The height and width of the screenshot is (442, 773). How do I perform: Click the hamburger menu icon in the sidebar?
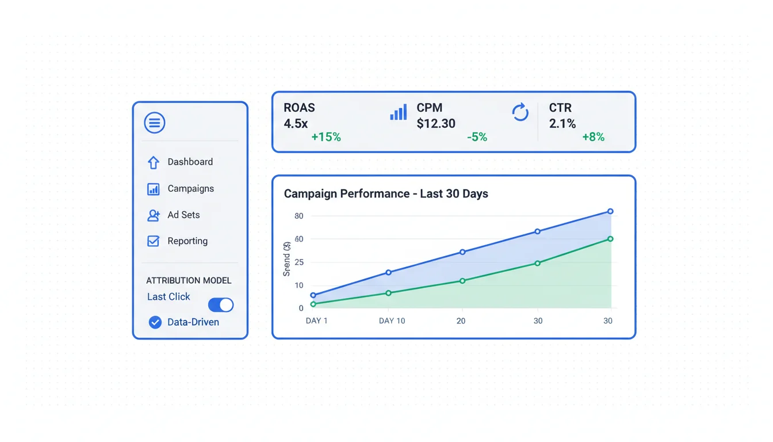point(154,123)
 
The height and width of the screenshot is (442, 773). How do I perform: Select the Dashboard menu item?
point(190,162)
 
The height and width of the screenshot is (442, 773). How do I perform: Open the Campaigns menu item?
point(190,188)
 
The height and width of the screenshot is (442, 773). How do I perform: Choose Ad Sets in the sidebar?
point(183,215)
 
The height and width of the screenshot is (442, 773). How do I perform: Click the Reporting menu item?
point(187,241)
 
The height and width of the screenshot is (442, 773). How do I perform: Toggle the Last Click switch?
point(221,304)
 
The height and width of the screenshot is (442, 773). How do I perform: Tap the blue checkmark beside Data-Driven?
point(155,322)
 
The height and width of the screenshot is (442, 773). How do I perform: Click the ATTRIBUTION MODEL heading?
point(189,280)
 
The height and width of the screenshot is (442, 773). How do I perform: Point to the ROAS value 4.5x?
point(296,123)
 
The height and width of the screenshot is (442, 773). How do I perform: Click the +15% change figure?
point(326,137)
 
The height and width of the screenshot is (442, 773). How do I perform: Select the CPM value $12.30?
point(436,123)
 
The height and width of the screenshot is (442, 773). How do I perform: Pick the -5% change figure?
point(477,137)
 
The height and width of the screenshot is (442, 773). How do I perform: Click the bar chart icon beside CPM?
point(398,112)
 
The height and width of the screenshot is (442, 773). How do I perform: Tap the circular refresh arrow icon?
point(520,112)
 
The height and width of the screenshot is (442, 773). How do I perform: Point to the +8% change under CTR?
point(593,137)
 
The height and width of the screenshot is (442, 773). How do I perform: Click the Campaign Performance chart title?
point(386,193)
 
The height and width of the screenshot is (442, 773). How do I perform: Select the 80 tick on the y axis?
point(299,216)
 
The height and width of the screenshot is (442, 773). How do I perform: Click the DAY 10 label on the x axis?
point(392,321)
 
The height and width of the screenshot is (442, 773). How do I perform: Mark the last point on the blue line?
point(610,211)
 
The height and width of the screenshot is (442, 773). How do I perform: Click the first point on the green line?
point(313,304)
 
